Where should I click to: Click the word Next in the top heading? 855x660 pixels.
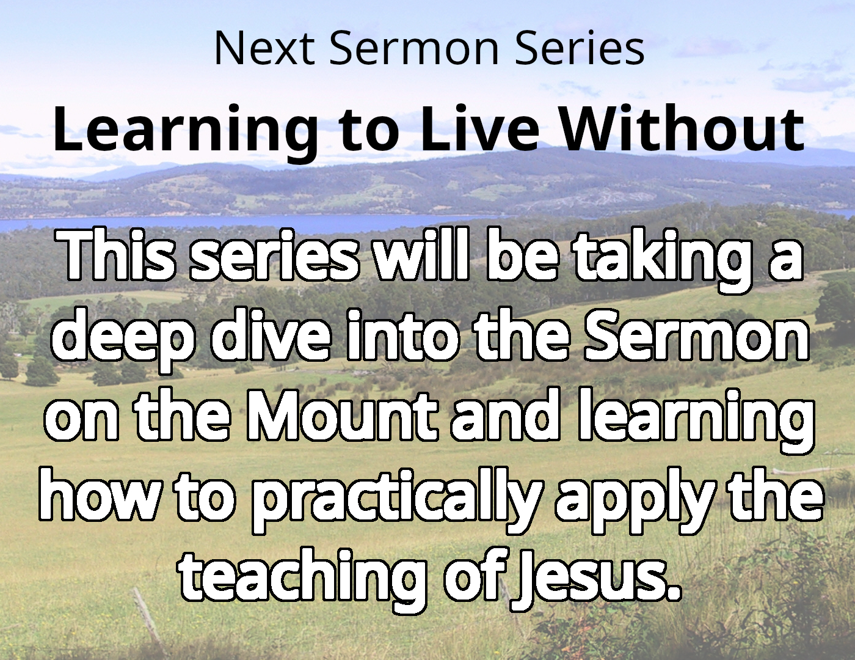(x=264, y=48)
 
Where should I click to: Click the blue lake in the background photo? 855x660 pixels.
(x=275, y=222)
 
